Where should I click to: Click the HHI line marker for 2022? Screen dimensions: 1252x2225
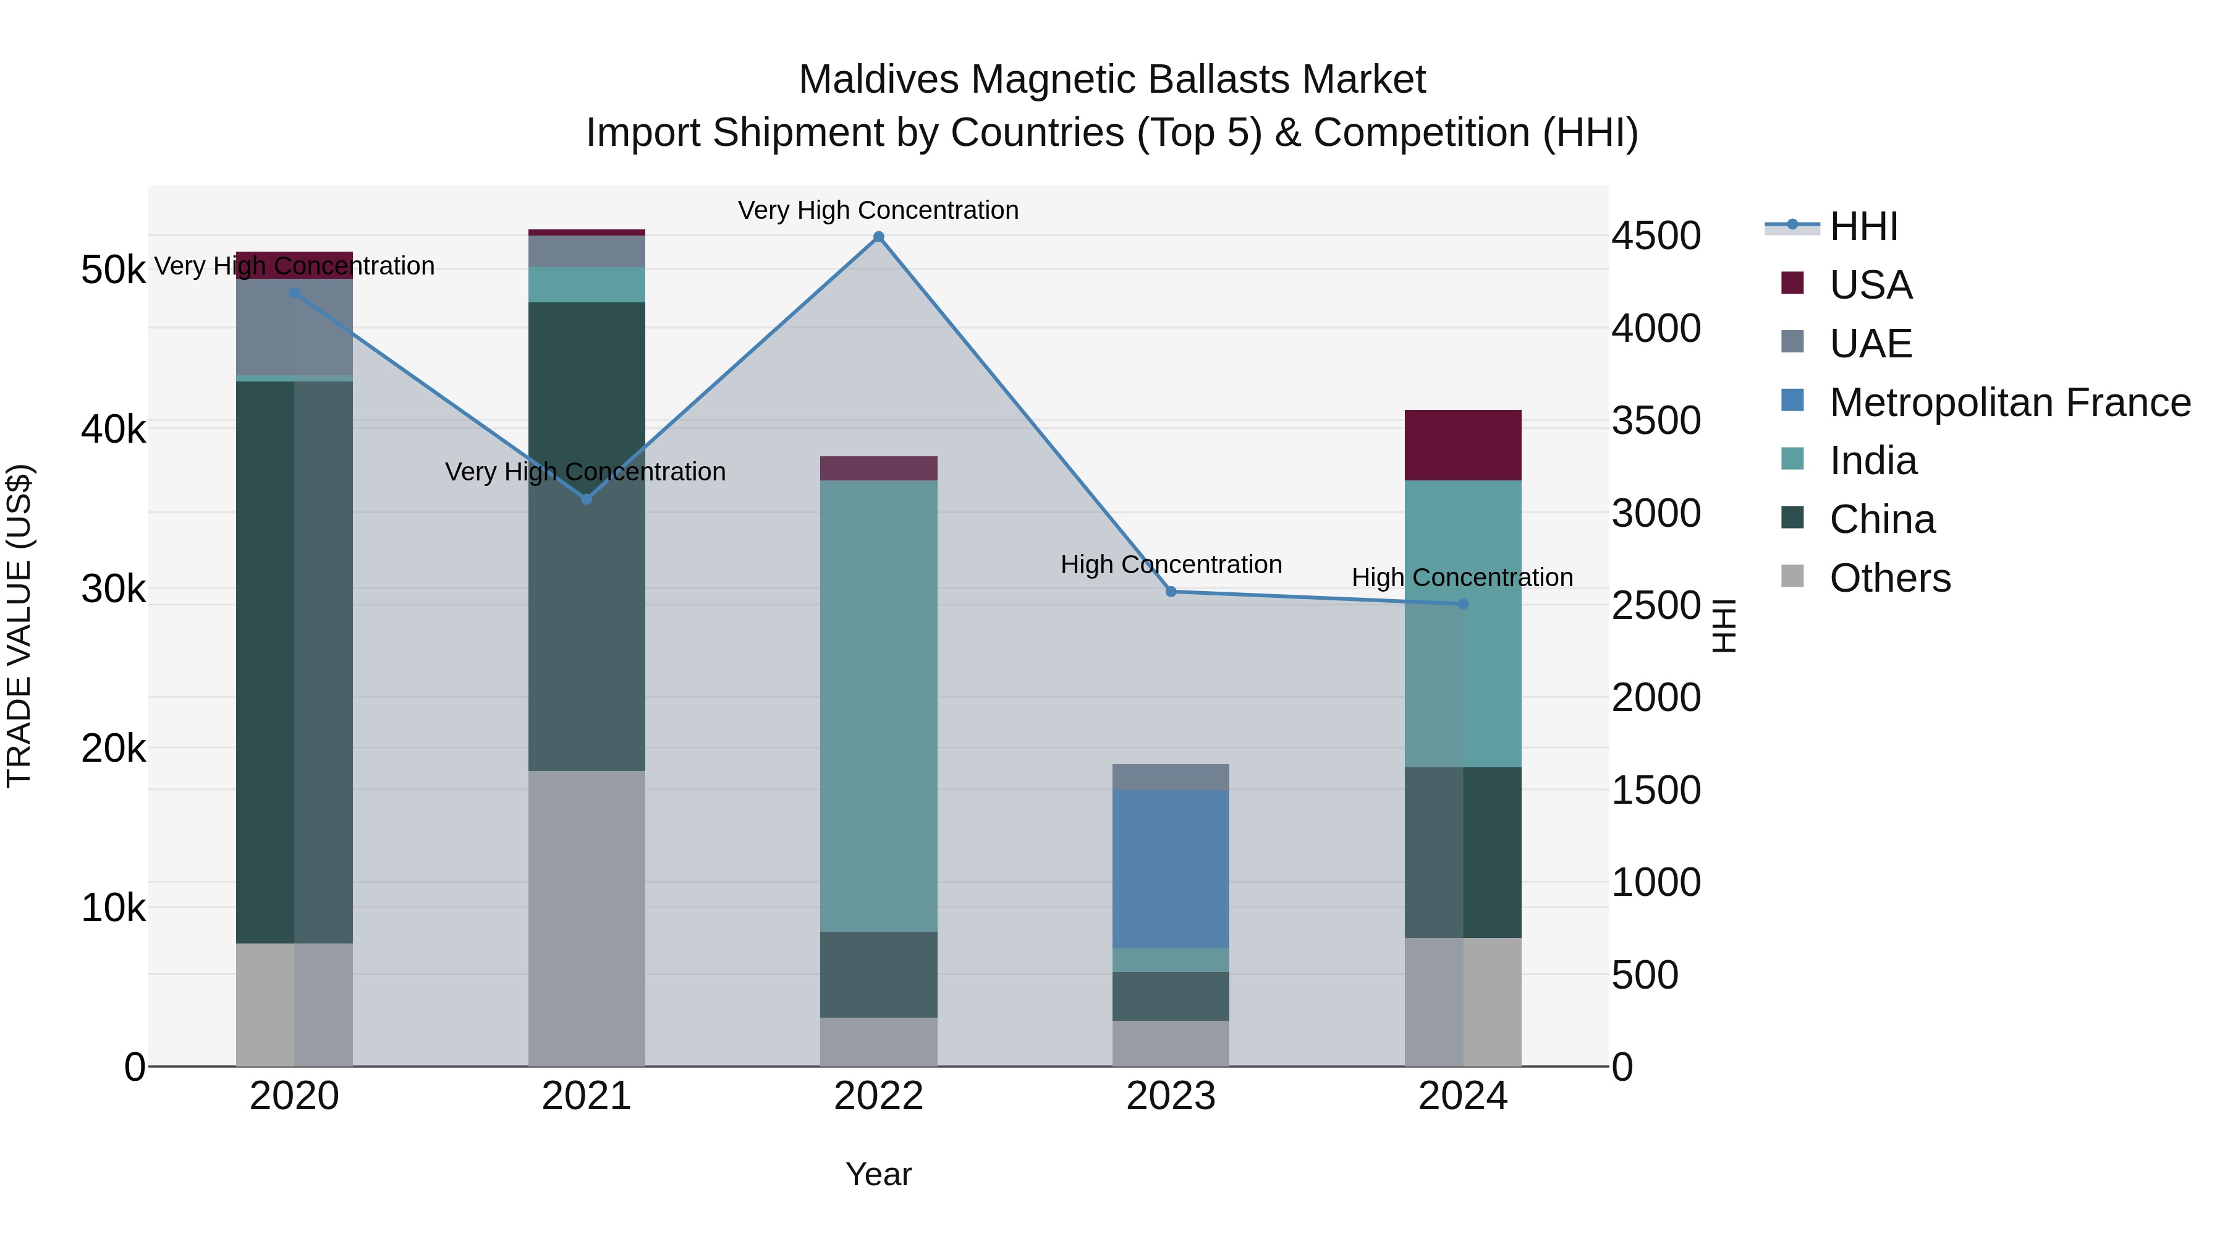pos(878,237)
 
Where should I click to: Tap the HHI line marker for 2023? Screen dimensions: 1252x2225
pos(1171,592)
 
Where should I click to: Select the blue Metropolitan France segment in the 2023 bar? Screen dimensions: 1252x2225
pos(1171,869)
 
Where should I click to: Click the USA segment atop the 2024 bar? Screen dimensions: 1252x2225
pos(1462,445)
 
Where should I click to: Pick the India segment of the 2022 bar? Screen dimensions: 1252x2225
pos(878,705)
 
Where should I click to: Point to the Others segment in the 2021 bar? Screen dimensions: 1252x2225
pos(587,918)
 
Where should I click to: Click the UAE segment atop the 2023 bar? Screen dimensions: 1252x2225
pos(1171,777)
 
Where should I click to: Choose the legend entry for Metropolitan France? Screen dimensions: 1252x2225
pos(2010,402)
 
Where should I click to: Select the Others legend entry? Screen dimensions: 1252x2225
pos(1890,578)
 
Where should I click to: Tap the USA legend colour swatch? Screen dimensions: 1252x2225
pos(1792,283)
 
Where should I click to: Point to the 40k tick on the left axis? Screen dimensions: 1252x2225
pos(113,428)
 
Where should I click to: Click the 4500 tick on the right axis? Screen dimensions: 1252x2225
pos(1656,236)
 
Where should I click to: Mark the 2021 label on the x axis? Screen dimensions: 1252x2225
pos(587,1096)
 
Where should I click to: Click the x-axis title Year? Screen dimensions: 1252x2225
pos(878,1174)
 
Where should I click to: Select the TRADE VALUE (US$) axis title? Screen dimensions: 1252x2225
pos(19,626)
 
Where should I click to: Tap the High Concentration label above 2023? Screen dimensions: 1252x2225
pos(1171,564)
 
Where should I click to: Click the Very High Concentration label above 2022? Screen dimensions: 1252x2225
pos(878,210)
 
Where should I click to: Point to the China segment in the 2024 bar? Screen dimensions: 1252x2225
pos(1462,852)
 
